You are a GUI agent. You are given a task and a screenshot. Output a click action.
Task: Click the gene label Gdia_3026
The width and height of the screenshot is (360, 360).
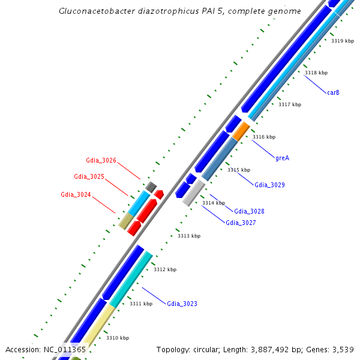[101, 160]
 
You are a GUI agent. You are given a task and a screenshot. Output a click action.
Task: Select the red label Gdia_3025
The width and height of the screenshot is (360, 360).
[89, 176]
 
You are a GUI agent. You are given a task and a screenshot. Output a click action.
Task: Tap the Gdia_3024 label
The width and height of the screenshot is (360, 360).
[76, 194]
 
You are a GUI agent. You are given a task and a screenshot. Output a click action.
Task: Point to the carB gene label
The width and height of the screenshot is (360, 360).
[334, 92]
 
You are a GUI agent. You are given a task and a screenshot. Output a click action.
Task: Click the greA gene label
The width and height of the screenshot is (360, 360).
[282, 158]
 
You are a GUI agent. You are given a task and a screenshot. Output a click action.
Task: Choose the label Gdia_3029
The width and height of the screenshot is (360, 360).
[269, 185]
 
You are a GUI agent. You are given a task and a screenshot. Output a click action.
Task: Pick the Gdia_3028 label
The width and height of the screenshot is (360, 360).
[249, 211]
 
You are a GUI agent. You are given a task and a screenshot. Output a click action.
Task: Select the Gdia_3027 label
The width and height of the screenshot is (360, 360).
[241, 223]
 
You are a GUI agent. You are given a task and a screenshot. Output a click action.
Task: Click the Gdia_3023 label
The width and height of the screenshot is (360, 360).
[182, 304]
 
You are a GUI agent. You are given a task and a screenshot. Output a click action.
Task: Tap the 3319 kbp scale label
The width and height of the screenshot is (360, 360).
[343, 41]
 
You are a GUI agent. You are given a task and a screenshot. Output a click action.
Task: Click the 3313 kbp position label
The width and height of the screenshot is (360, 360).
[189, 236]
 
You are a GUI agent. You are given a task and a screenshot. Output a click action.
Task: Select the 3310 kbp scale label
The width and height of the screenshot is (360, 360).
[118, 338]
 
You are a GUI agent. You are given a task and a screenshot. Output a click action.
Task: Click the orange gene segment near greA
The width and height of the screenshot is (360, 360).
[241, 130]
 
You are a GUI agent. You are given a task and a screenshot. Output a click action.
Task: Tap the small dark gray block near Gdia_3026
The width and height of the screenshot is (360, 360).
[151, 187]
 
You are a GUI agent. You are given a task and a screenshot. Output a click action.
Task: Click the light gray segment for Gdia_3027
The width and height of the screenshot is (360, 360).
[194, 193]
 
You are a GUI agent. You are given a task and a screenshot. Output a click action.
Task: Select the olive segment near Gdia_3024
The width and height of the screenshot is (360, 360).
[125, 221]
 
